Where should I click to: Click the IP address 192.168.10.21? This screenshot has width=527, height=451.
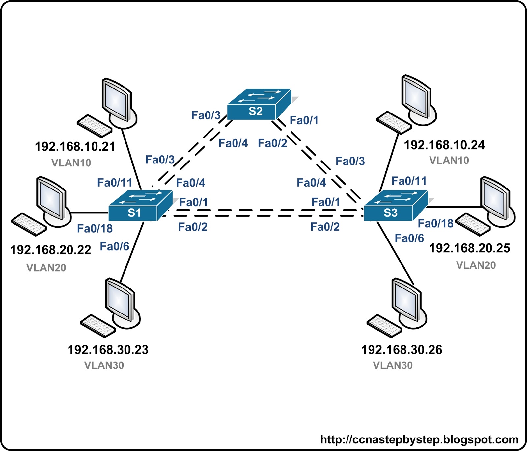point(75,147)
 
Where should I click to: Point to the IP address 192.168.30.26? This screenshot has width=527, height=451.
point(402,350)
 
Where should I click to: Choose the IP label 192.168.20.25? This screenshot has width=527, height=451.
point(470,248)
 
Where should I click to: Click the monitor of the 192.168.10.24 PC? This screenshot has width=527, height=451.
point(416,97)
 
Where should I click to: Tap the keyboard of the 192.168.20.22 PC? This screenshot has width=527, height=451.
point(29,224)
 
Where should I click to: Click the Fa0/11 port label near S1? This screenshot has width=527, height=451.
point(115,183)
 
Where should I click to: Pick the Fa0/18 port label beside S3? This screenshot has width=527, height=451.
point(435,224)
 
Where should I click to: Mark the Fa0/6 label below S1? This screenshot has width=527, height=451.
point(114,246)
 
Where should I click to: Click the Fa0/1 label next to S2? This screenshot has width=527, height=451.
point(304,120)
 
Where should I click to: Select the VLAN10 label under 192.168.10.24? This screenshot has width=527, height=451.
point(449,161)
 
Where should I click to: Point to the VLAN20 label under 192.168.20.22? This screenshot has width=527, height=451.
point(46,268)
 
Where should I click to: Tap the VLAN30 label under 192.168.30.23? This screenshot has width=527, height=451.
point(104,365)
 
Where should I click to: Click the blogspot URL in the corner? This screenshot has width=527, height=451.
point(419,439)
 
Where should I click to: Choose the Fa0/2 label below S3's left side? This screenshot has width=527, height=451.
point(325,227)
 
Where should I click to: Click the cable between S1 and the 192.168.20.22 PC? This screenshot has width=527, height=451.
point(90,213)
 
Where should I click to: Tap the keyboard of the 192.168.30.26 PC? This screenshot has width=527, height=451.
point(384,326)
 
